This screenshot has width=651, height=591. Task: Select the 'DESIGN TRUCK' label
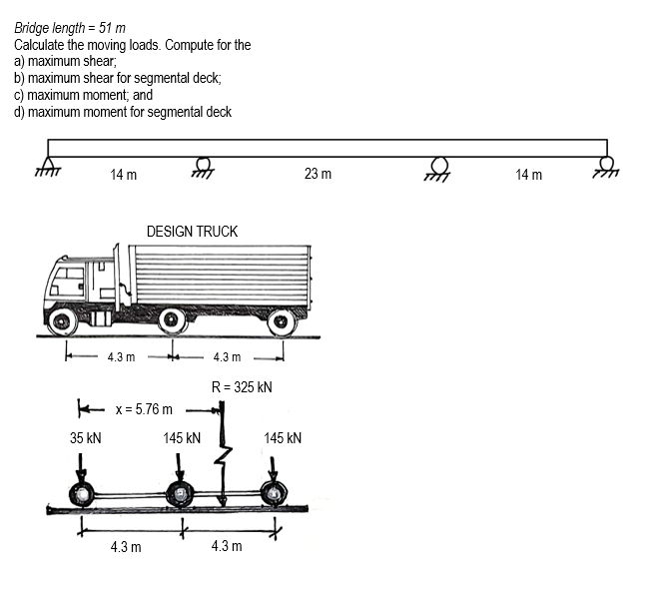point(192,232)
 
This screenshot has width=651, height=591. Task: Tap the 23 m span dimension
point(318,175)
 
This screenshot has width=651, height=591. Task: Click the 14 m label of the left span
point(124,176)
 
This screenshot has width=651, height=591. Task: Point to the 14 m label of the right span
point(529,176)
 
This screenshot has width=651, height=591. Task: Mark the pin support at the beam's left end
point(48,167)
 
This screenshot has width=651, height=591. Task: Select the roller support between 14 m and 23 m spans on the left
point(203,167)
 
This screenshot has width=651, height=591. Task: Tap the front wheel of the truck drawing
point(63,321)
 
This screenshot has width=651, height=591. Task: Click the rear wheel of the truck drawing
point(282,321)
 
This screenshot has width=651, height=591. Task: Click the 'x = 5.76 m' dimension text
point(144,409)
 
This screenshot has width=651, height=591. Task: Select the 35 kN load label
point(85,438)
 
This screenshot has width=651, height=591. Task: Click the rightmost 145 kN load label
point(283,438)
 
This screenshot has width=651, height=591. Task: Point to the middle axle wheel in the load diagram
point(179,493)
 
